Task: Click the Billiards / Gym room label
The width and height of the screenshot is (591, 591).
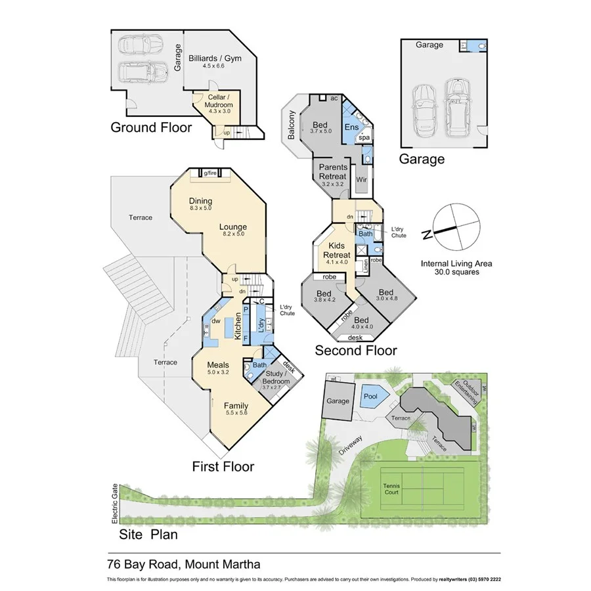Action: tap(215, 62)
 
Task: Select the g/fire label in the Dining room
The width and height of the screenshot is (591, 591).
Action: tap(210, 173)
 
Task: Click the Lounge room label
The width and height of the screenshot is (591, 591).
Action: tap(234, 228)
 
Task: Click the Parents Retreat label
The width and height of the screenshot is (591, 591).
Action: tap(333, 172)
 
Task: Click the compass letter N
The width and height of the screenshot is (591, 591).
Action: tap(427, 234)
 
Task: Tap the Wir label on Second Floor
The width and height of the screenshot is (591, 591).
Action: tap(361, 179)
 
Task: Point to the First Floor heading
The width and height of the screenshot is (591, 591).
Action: tap(223, 467)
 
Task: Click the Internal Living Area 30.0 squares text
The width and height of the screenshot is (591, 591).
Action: tap(456, 267)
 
